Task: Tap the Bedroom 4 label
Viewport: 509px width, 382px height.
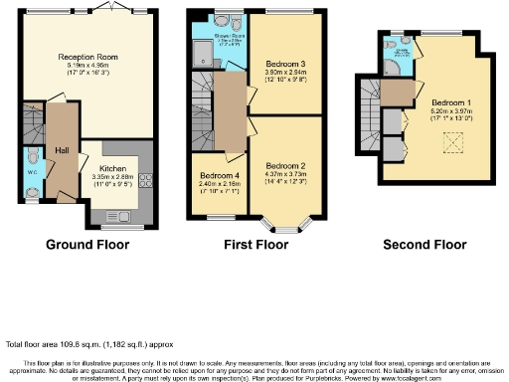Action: click(x=219, y=175)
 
